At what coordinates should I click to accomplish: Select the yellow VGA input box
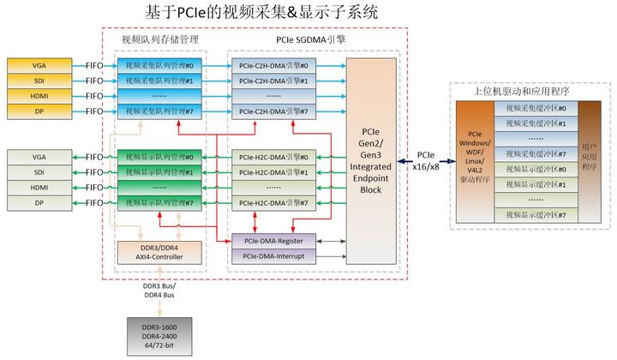39,65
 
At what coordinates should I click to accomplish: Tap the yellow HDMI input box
39,96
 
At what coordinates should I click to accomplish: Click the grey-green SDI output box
39,172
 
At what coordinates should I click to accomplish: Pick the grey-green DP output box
39,203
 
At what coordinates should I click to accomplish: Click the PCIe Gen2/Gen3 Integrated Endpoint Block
371,162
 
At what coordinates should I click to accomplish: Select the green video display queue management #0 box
159,157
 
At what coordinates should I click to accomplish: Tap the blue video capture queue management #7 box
159,111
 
